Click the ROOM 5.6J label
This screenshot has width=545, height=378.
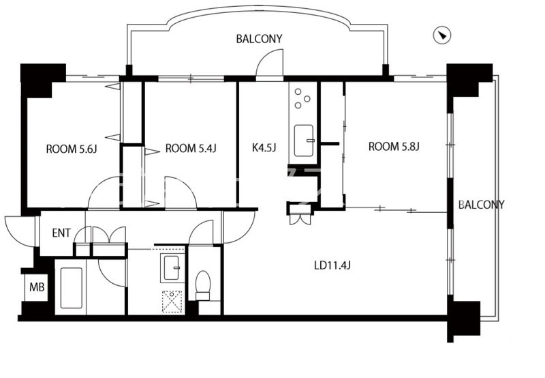tap(72, 149)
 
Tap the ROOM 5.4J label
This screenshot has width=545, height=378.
tap(191, 149)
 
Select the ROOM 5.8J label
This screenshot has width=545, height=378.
tap(394, 147)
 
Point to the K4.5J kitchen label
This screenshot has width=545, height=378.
tap(264, 147)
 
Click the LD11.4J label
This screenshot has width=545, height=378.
tap(332, 266)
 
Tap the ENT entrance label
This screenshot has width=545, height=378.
tap(61, 233)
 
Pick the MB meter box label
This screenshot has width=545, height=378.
tap(37, 287)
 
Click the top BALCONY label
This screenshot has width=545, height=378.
tap(260, 39)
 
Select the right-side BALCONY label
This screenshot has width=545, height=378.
tap(482, 205)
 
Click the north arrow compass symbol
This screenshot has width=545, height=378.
tap(442, 35)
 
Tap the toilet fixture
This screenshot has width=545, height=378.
tap(203, 285)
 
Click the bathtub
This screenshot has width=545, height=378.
tap(72, 288)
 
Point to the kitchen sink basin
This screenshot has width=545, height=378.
tap(304, 141)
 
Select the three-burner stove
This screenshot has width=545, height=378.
tap(302, 98)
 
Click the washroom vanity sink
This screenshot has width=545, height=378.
tap(172, 267)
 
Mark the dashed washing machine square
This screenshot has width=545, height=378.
tap(172, 302)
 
